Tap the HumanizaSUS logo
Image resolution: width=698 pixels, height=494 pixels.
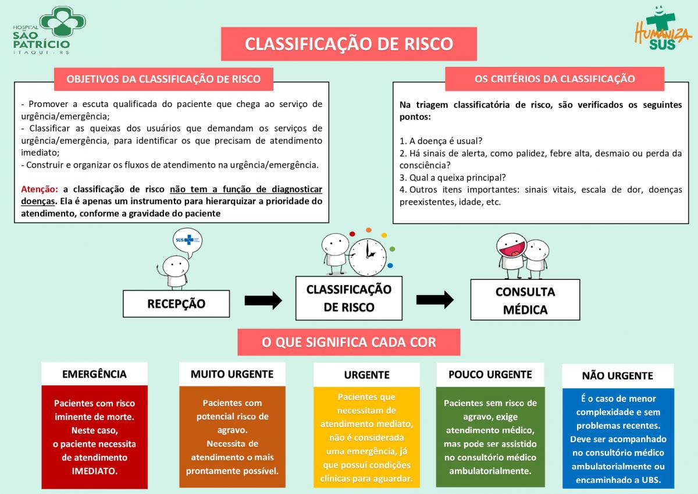point(661,28)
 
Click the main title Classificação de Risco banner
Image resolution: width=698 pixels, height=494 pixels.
point(348,44)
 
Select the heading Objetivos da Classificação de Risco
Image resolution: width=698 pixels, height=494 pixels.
point(163,79)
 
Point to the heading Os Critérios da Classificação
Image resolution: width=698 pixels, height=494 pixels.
point(555,79)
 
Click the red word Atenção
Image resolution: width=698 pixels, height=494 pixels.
point(40,189)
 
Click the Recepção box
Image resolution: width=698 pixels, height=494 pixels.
point(176,304)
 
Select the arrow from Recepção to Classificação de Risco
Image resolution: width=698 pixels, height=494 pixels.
point(263,301)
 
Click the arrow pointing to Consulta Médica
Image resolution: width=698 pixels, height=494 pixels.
point(435,300)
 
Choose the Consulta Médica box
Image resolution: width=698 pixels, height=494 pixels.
point(525,300)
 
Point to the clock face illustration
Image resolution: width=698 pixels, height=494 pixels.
point(368,257)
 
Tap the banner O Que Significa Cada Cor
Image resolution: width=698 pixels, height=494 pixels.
point(348,342)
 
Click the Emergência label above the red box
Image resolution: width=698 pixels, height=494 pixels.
point(94,374)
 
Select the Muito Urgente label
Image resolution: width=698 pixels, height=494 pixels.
point(232,374)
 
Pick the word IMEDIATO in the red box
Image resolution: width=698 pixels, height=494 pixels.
point(95,471)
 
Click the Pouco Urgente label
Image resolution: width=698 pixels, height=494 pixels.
point(490,374)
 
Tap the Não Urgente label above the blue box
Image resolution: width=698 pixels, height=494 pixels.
point(618,375)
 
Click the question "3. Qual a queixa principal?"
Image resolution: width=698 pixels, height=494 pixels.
point(453,177)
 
